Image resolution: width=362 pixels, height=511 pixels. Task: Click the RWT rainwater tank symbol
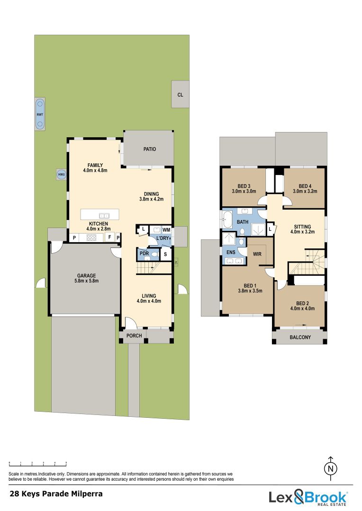click(40, 115)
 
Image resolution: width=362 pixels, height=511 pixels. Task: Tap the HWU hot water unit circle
click(61, 174)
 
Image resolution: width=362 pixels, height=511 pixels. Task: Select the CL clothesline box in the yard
click(180, 95)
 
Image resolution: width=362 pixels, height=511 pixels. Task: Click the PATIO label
click(150, 149)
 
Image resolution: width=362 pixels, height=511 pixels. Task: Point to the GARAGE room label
click(87, 276)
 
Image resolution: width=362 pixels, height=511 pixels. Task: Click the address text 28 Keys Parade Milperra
click(56, 494)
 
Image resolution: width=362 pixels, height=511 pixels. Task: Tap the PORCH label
click(133, 336)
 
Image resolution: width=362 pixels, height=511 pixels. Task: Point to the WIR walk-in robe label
click(257, 254)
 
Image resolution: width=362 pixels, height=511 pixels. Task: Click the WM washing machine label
click(166, 229)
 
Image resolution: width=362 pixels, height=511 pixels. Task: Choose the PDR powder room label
click(143, 254)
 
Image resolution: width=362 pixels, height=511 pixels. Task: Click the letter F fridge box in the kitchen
click(109, 237)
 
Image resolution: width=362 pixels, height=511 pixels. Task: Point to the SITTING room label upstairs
click(302, 227)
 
